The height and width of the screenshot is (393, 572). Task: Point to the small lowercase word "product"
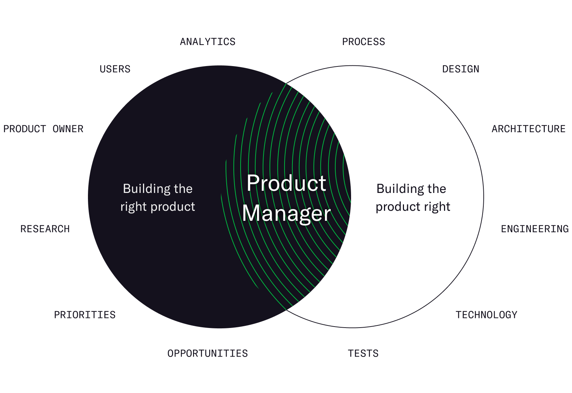coord(173,207)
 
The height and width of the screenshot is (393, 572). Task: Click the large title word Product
coord(286,183)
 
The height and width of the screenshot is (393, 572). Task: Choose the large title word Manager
coord(286,214)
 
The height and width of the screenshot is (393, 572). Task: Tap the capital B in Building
coord(127,189)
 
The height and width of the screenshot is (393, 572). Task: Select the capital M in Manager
coord(250,214)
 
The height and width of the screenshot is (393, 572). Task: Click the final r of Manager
coord(327,214)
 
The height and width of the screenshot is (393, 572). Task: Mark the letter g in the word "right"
coord(133,208)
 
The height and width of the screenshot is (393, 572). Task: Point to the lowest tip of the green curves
coord(286,309)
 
